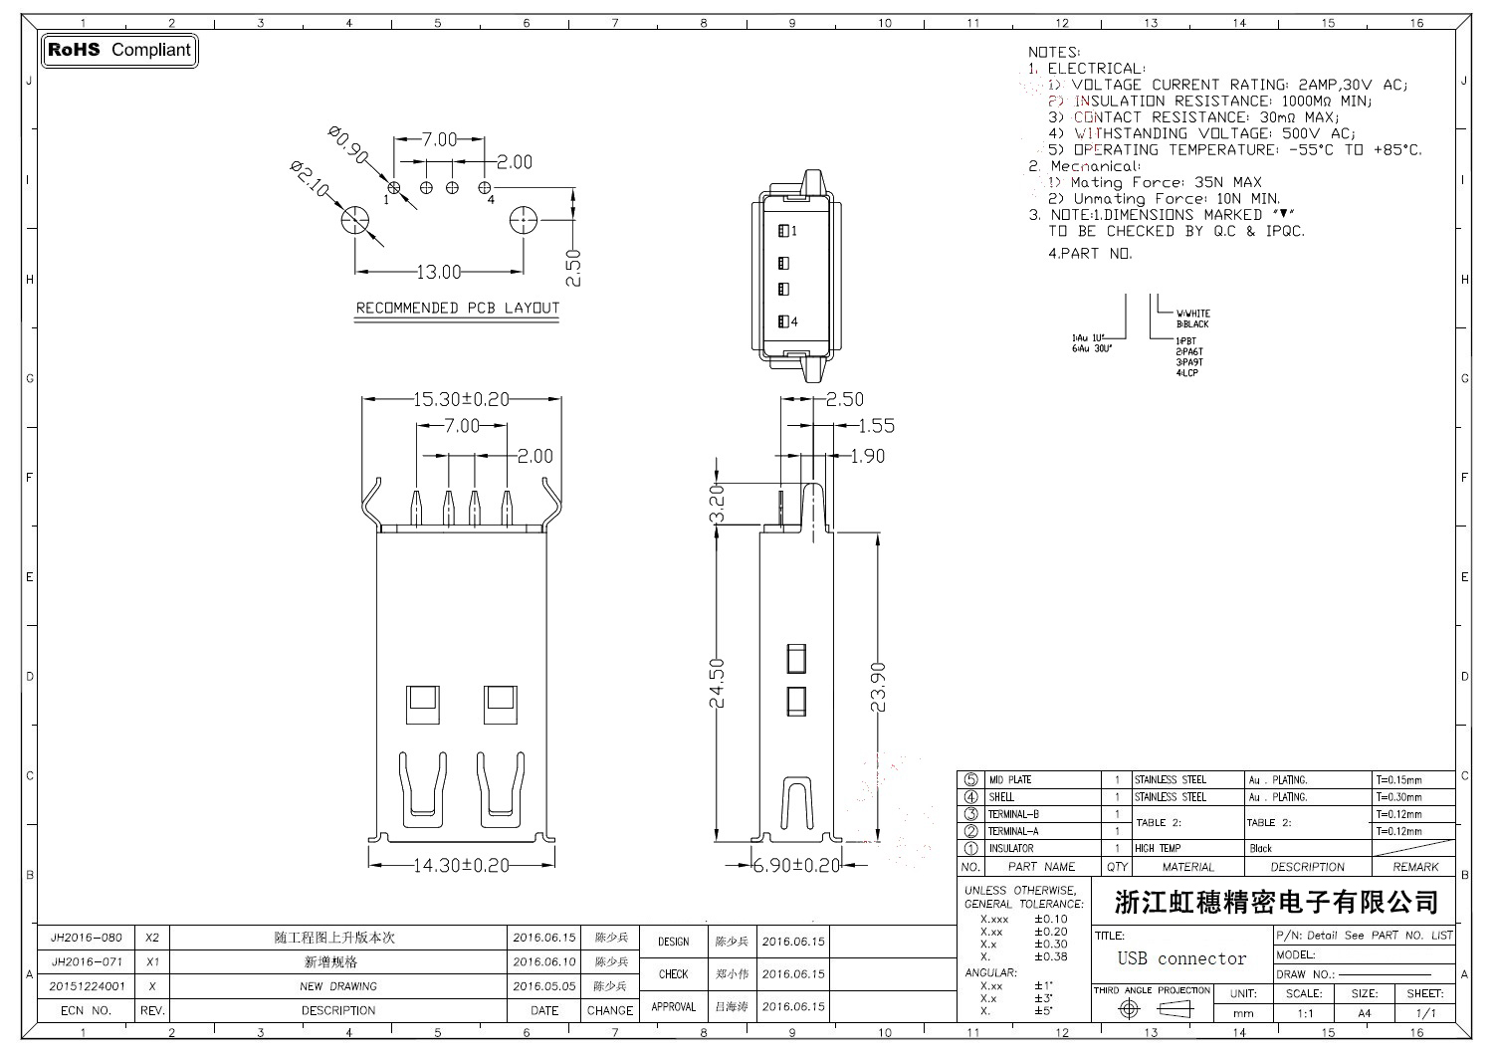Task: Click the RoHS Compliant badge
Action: pyautogui.click(x=119, y=50)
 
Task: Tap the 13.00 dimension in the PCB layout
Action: pyautogui.click(x=438, y=272)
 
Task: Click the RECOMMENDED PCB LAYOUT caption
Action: pyautogui.click(x=458, y=309)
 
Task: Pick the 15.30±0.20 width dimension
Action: pyautogui.click(x=461, y=399)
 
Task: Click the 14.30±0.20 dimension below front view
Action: pyautogui.click(x=461, y=865)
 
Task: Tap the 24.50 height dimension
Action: pyautogui.click(x=718, y=683)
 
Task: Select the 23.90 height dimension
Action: pyautogui.click(x=878, y=687)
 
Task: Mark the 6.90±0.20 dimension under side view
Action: pyautogui.click(x=796, y=865)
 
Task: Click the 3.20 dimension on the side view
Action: pyautogui.click(x=718, y=505)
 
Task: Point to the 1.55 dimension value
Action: pyautogui.click(x=876, y=426)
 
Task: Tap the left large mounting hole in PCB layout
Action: pyautogui.click(x=355, y=221)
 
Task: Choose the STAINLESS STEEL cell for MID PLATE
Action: pyautogui.click(x=1171, y=780)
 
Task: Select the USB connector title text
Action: pyautogui.click(x=1181, y=958)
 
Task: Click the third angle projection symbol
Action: pyautogui.click(x=1152, y=1009)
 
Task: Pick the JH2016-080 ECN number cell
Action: pyautogui.click(x=87, y=938)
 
